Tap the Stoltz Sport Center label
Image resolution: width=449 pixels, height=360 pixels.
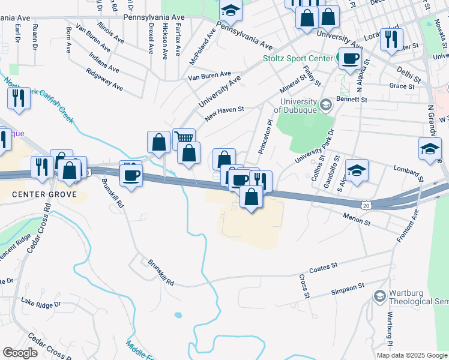click(x=298, y=59)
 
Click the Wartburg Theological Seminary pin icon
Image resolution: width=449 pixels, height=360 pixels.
click(x=379, y=296)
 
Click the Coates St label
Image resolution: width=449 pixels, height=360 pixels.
click(x=324, y=267)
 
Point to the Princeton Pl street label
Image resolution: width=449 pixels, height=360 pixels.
click(x=265, y=136)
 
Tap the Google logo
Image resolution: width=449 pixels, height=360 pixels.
click(x=20, y=353)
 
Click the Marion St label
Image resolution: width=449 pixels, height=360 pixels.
click(x=357, y=218)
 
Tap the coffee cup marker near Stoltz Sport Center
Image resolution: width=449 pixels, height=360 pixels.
click(x=350, y=58)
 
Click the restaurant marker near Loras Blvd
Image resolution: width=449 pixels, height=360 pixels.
click(x=391, y=38)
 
